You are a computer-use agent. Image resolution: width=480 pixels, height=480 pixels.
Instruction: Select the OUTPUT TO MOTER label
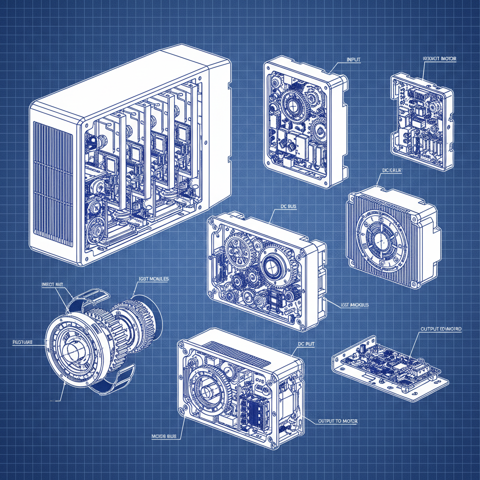337,421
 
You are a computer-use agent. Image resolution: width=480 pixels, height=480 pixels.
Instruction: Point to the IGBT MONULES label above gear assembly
153,278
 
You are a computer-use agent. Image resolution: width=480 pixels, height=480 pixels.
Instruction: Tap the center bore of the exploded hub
70,349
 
